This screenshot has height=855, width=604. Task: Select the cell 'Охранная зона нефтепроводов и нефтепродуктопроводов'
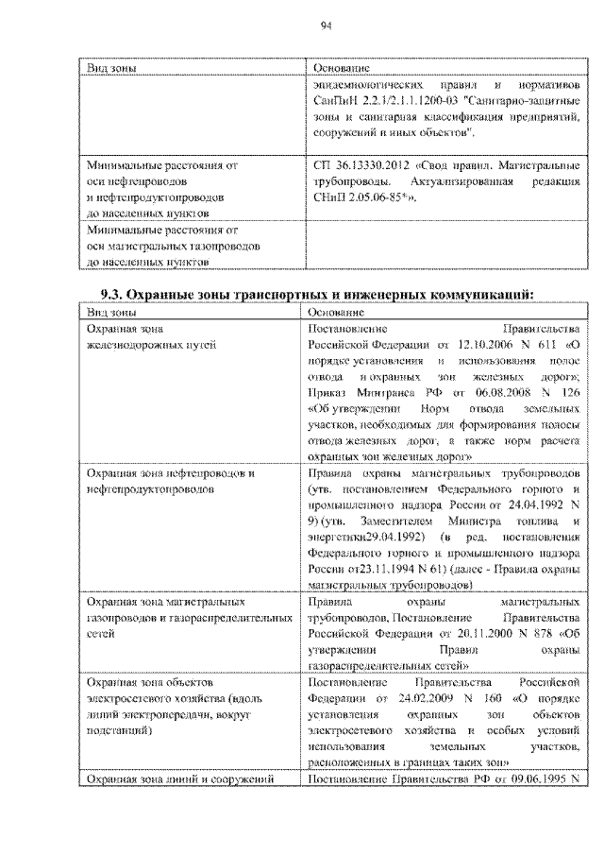tap(170, 479)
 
